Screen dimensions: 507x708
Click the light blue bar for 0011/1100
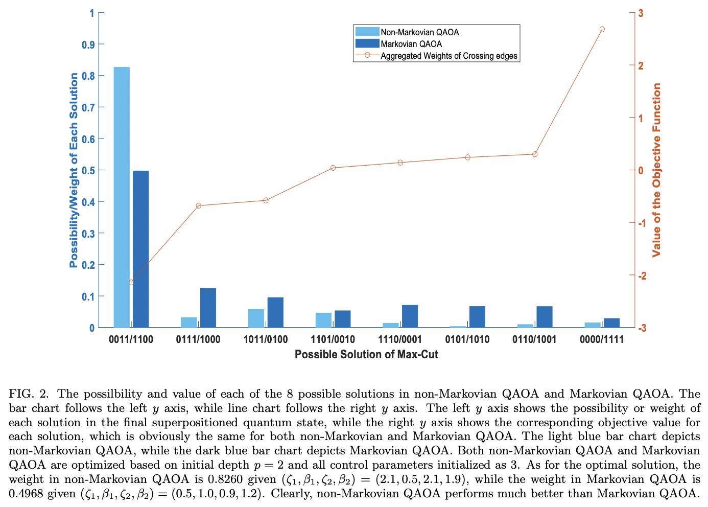(122, 197)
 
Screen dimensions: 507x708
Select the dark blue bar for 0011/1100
(141, 249)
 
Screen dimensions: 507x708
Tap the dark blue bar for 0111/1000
(208, 308)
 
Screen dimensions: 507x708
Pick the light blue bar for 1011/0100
(256, 318)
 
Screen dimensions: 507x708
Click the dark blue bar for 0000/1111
(611, 322)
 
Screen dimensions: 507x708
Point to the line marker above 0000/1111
(602, 30)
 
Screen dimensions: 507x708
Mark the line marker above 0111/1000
(199, 206)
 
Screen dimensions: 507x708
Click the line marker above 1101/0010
(333, 168)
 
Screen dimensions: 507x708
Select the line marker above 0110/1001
(535, 154)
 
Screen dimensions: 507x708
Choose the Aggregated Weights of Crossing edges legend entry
(449, 56)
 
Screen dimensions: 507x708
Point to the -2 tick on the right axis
(642, 275)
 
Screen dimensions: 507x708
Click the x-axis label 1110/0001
(400, 339)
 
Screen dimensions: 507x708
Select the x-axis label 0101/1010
(467, 339)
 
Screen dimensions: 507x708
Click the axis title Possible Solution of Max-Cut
(366, 354)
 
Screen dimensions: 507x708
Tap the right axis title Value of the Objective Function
(657, 170)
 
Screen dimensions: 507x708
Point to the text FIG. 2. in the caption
(30, 394)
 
